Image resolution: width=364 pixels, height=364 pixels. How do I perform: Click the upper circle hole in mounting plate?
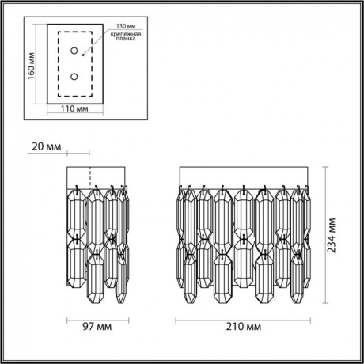74,51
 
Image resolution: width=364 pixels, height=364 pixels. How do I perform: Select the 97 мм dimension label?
95,325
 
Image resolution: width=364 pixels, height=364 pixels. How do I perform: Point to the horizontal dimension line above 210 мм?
241,318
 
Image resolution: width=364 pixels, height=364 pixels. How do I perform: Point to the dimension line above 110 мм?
73,113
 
